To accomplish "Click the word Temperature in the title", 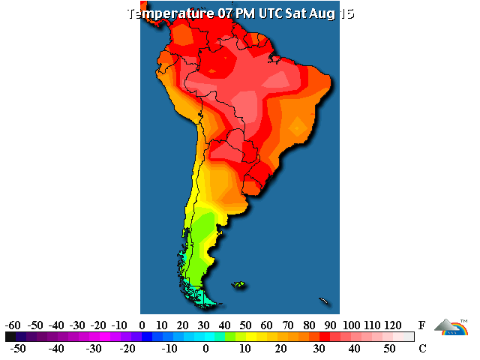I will pyautogui.click(x=169, y=13).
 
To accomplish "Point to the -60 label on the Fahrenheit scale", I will pyautogui.click(x=12, y=325).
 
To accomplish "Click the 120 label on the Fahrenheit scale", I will pyautogui.click(x=392, y=325).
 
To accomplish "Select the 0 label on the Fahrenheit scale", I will pyautogui.click(x=142, y=325).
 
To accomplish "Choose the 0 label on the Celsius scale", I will pyautogui.click(x=206, y=349).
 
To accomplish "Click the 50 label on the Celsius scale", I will pyautogui.click(x=390, y=349).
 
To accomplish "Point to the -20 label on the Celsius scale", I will pyautogui.click(x=128, y=349).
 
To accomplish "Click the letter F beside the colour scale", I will pyautogui.click(x=422, y=325).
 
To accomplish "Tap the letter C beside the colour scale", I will pyautogui.click(x=422, y=349).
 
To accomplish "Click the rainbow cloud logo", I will pyautogui.click(x=453, y=328).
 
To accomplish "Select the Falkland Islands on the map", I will pyautogui.click(x=238, y=284).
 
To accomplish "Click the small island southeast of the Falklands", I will pyautogui.click(x=324, y=301).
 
